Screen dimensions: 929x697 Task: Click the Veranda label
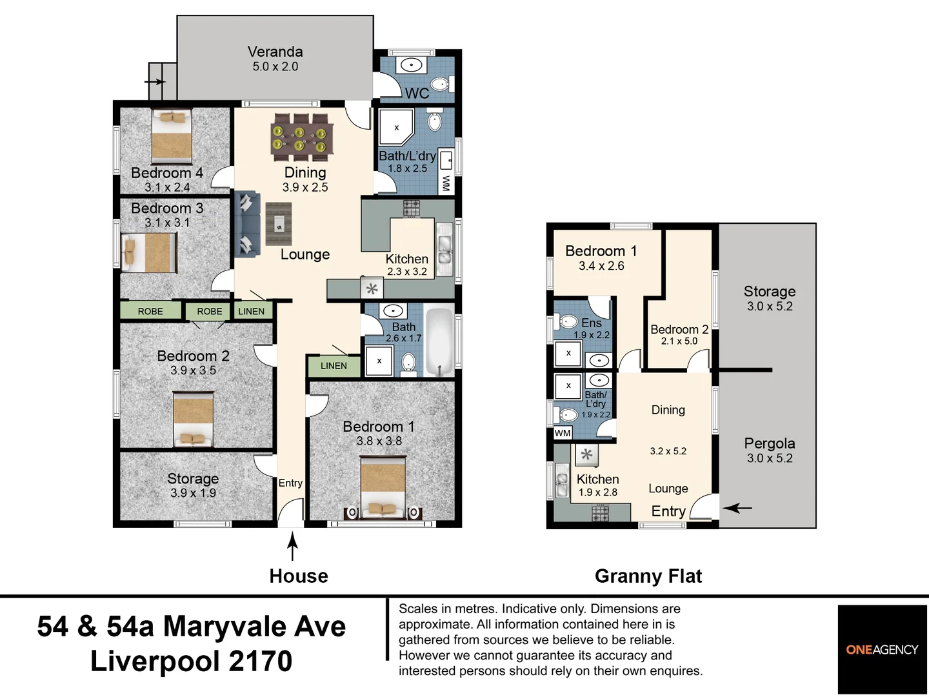pos(275,52)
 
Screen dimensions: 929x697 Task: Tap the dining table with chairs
pos(302,137)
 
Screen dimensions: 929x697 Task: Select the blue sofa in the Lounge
pos(247,224)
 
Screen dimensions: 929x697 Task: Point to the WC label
pos(417,94)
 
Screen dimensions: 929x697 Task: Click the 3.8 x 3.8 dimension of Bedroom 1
pos(379,441)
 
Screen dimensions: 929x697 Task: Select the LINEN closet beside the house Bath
pos(334,366)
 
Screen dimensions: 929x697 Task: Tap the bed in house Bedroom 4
pos(172,136)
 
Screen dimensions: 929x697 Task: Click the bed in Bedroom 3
pos(148,253)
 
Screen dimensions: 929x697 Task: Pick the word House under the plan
pos(299,576)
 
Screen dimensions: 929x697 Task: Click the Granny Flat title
pos(648,576)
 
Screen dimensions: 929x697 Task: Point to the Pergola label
pos(770,443)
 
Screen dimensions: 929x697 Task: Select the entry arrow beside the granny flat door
pos(737,507)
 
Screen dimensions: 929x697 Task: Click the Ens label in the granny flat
pos(591,323)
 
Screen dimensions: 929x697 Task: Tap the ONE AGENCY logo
pos(883,650)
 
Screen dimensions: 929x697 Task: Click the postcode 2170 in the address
pos(261,662)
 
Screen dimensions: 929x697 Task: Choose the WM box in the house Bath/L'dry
pos(446,183)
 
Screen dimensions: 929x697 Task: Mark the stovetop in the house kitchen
pos(412,208)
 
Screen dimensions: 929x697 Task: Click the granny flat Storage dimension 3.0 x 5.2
pos(770,307)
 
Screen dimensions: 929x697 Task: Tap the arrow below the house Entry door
pos(292,547)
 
